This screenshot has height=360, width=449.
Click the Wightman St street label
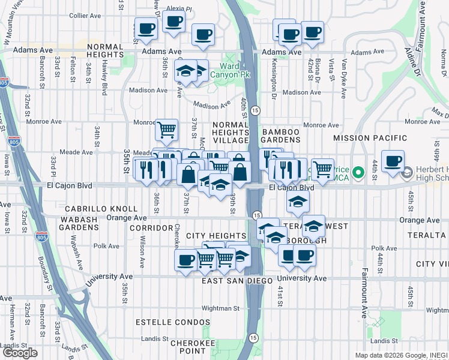220,308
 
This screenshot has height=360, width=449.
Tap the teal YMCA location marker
358,173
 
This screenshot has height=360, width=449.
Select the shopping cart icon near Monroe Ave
166,128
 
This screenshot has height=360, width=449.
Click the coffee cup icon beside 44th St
393,161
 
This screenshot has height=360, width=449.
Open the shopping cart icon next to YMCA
323,169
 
